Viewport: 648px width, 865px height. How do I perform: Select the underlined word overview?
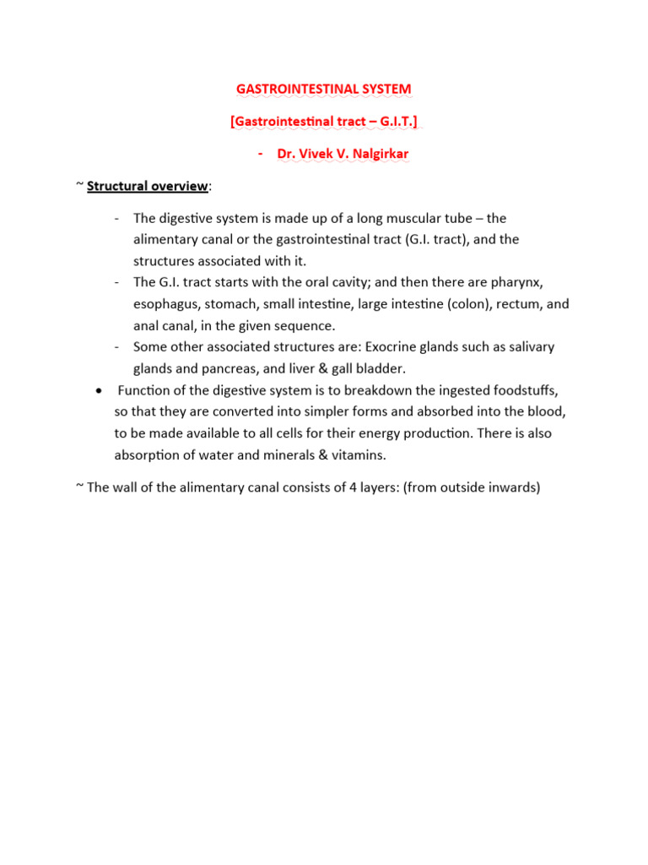(x=177, y=186)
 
